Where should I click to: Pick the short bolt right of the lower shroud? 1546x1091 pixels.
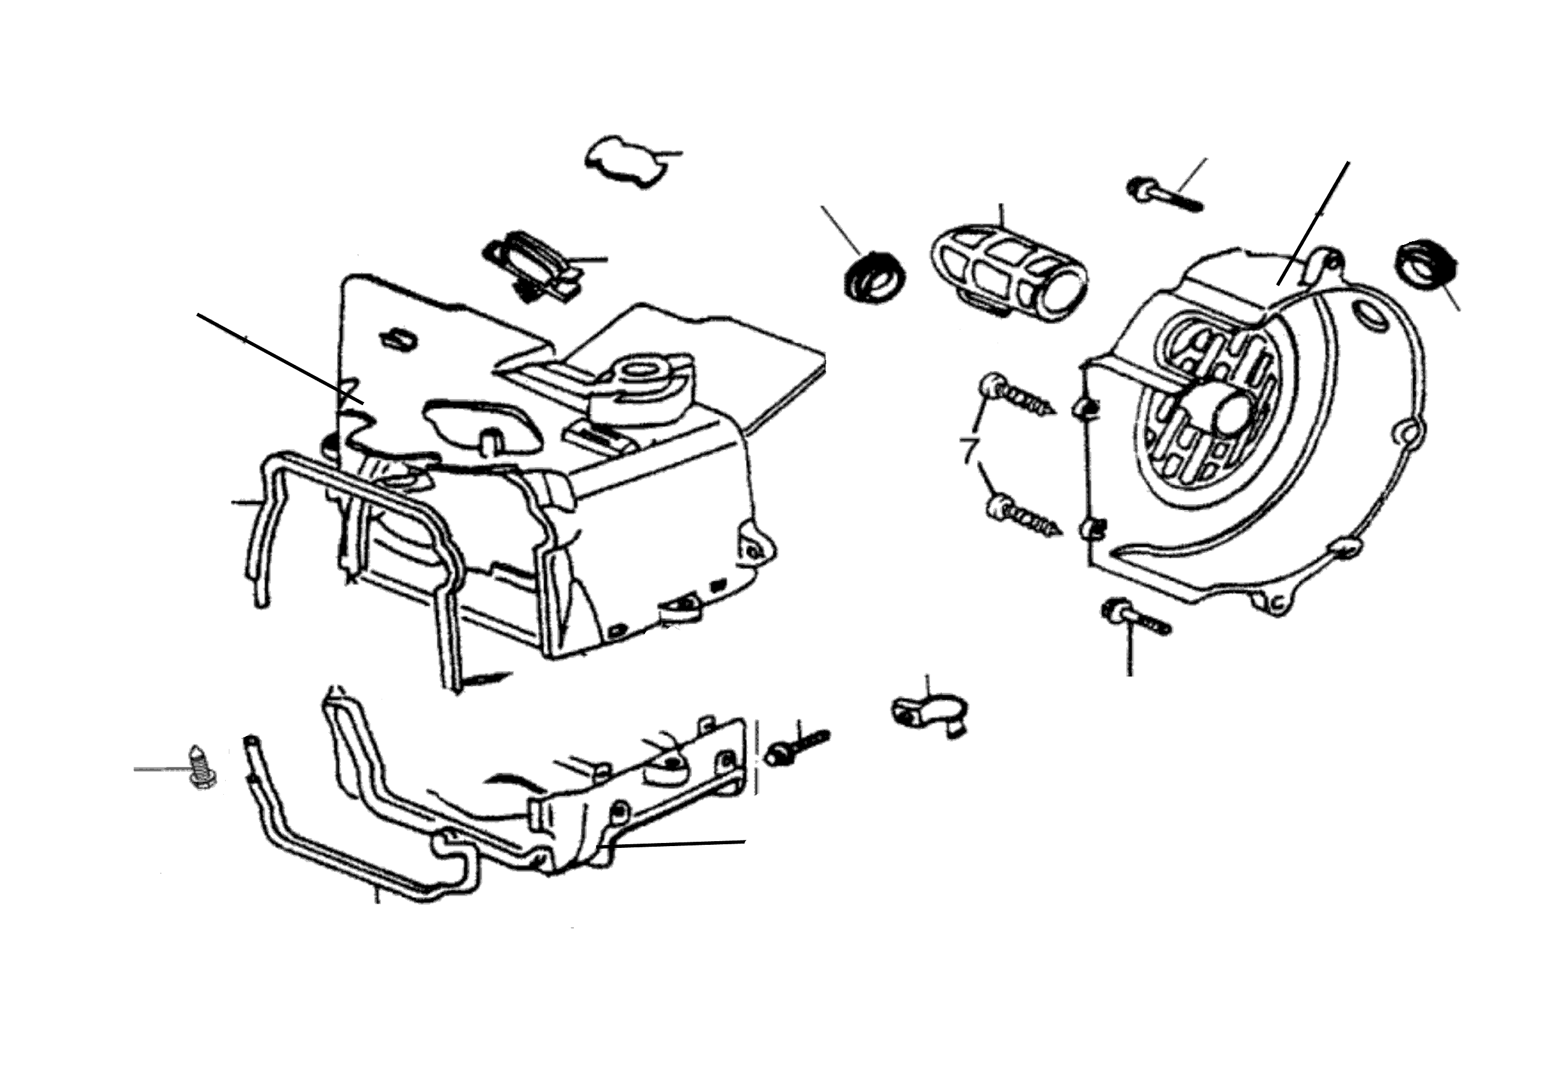click(801, 746)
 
